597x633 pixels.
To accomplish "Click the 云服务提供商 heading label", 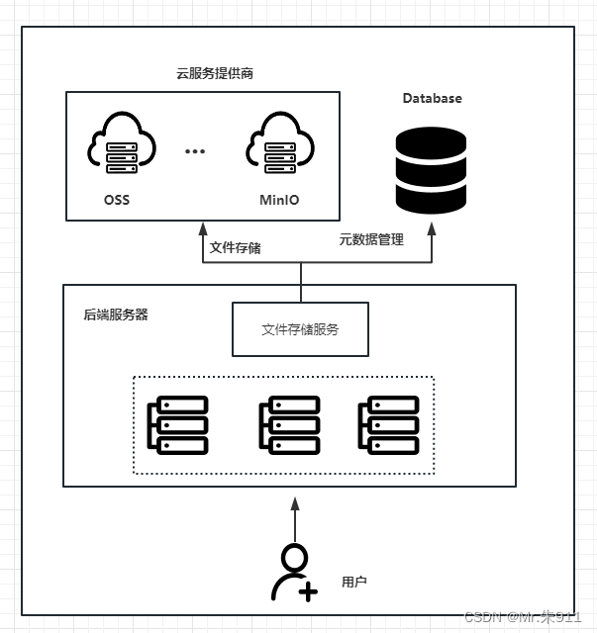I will tap(208, 73).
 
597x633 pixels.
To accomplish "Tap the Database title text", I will tap(432, 98).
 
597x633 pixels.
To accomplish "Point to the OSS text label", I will tap(117, 200).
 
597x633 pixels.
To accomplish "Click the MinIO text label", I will tap(279, 200).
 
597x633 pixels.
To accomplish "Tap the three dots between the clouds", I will tap(195, 151).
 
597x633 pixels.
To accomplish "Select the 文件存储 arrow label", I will tap(236, 247).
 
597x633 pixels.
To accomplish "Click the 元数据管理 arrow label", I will tap(371, 238).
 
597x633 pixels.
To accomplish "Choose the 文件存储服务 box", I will tap(300, 329).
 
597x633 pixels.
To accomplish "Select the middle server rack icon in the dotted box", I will tap(288, 425).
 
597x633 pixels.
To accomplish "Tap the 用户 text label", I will tap(353, 582).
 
